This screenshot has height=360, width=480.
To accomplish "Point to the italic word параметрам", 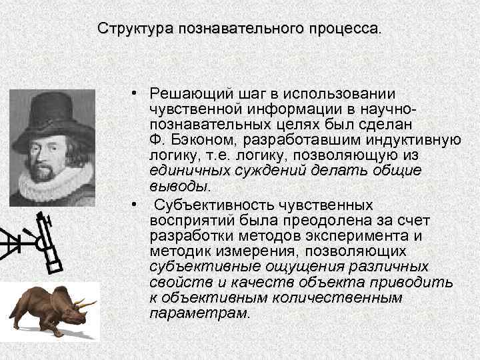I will (199, 312).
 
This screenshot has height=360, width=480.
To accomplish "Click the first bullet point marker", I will (135, 94).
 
